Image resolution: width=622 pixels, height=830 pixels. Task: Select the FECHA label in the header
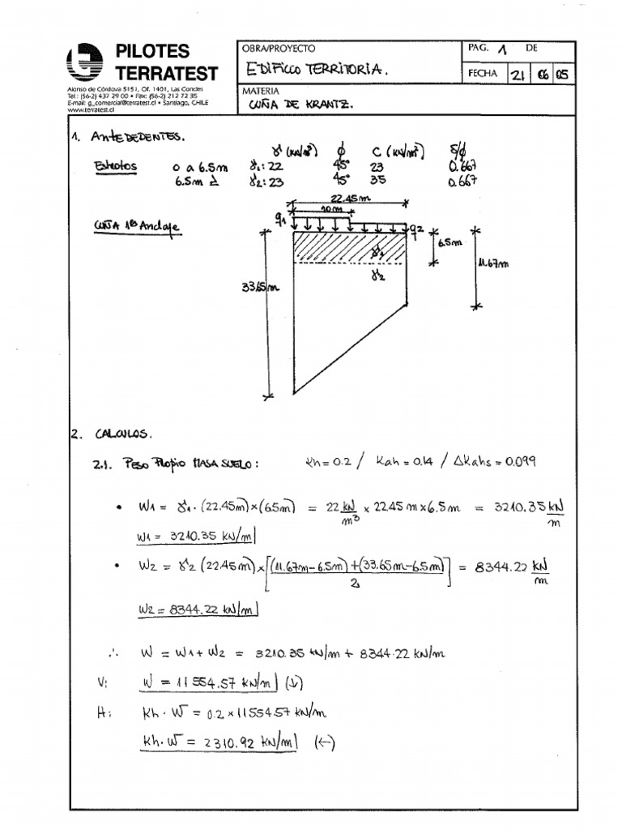(x=482, y=74)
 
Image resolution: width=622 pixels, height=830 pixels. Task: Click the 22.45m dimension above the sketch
(x=350, y=199)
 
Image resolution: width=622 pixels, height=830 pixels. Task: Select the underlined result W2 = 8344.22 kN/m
(x=196, y=610)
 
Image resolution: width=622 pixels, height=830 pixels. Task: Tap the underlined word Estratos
(x=115, y=167)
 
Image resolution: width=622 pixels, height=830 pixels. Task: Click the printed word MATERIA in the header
(x=261, y=92)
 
